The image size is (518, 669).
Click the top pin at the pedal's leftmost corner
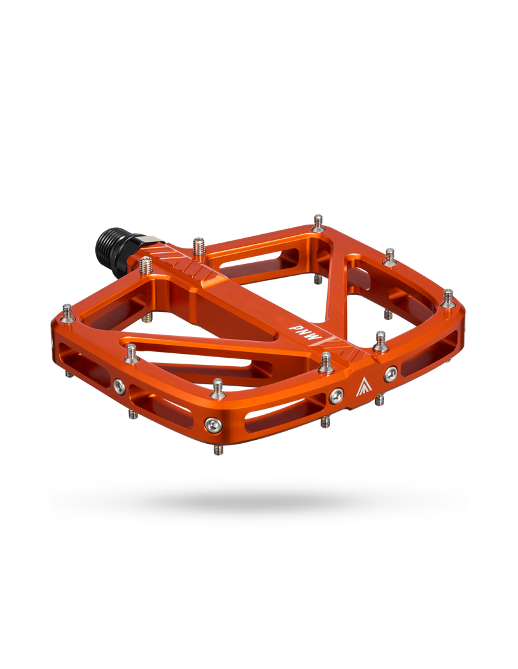[67, 313]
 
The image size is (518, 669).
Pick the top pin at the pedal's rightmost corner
[447, 298]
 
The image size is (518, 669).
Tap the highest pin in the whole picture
[318, 223]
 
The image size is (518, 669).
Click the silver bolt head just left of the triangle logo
[336, 396]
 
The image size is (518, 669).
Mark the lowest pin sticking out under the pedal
[218, 447]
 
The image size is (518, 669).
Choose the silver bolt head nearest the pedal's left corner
[119, 387]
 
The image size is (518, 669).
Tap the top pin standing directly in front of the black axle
[146, 265]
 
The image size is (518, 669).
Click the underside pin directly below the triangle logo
[380, 400]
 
